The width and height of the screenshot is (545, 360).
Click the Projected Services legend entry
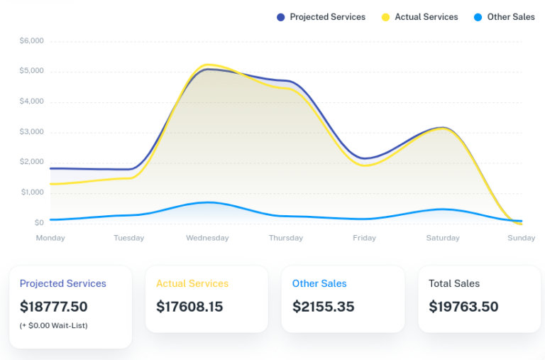pyautogui.click(x=321, y=17)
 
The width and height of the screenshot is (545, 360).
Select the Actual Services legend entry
pyautogui.click(x=419, y=17)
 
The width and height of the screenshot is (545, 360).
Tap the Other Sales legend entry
pyautogui.click(x=504, y=17)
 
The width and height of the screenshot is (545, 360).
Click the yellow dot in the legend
pyautogui.click(x=386, y=17)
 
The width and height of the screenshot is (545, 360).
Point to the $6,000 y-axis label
pyautogui.click(x=31, y=41)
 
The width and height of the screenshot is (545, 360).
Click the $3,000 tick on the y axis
pyautogui.click(x=31, y=132)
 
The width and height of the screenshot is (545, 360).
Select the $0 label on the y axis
pyautogui.click(x=38, y=223)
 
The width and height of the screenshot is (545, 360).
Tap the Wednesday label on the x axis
pyautogui.click(x=207, y=238)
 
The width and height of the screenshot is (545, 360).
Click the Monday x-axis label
pyautogui.click(x=50, y=238)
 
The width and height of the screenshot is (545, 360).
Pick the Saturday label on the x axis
pyautogui.click(x=443, y=238)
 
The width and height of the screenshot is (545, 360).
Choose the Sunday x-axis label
pyautogui.click(x=522, y=238)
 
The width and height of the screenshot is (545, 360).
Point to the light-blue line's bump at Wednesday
pyautogui.click(x=207, y=202)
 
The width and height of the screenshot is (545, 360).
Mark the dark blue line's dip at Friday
pyautogui.click(x=365, y=158)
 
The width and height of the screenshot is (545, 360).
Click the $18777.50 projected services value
pyautogui.click(x=54, y=307)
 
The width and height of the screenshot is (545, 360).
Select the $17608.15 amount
pyautogui.click(x=189, y=307)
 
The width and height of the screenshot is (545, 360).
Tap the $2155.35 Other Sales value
pyautogui.click(x=323, y=307)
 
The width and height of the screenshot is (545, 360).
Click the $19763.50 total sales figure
pyautogui.click(x=463, y=307)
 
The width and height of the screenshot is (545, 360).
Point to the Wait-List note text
pyautogui.click(x=54, y=325)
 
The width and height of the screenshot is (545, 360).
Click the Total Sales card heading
pyautogui.click(x=454, y=283)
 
